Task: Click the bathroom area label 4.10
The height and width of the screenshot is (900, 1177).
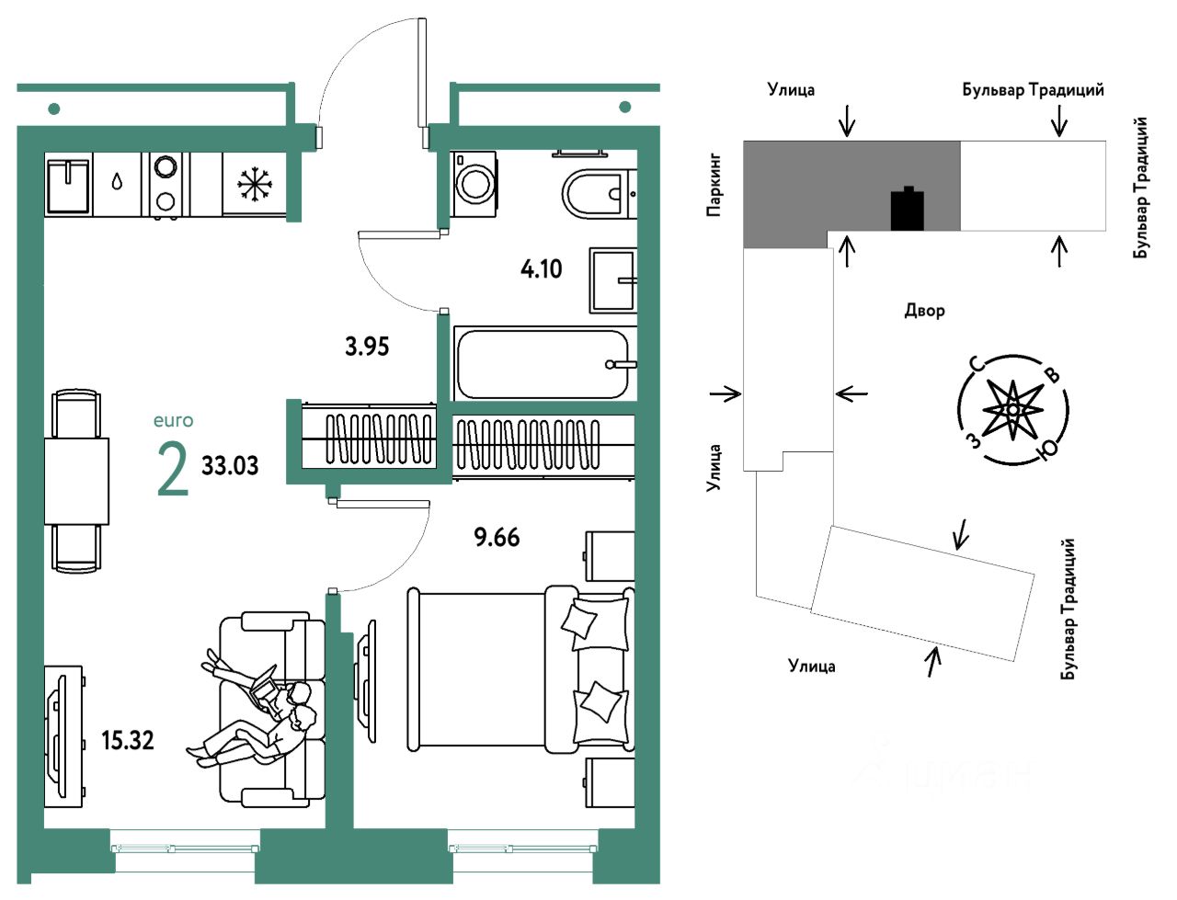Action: point(541,269)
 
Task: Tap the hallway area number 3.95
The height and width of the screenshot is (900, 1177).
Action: point(367,347)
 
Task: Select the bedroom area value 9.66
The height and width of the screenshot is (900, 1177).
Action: point(497,537)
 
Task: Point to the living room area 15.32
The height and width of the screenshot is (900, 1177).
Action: point(127,740)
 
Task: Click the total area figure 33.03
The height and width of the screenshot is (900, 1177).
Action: point(230,465)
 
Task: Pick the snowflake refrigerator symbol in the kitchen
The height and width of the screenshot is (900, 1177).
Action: point(255,185)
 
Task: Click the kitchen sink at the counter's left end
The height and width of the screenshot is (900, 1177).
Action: point(68,185)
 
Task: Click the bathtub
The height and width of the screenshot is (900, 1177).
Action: point(543,364)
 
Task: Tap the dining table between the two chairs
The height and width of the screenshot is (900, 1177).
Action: point(76,481)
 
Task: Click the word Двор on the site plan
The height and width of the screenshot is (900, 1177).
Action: point(924,311)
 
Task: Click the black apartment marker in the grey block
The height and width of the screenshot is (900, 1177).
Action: point(907,209)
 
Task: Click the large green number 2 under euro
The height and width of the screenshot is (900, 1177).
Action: point(173,470)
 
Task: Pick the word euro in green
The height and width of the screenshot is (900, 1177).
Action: point(173,421)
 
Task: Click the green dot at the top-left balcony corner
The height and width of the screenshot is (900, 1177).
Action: point(54,109)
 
